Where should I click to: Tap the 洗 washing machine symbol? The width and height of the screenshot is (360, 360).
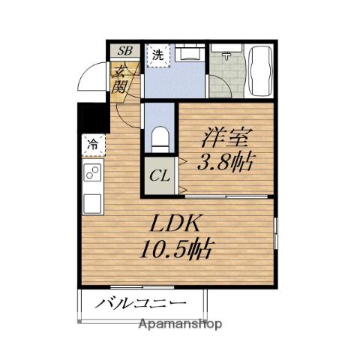(158, 54)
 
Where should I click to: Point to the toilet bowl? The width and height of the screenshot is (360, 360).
(159, 139)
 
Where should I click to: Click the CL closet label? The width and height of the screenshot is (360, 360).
(159, 178)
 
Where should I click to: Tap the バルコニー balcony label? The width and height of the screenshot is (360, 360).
(140, 304)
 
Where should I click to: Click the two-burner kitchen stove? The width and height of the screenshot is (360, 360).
(93, 173)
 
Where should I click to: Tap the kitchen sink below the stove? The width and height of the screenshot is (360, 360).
(93, 202)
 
